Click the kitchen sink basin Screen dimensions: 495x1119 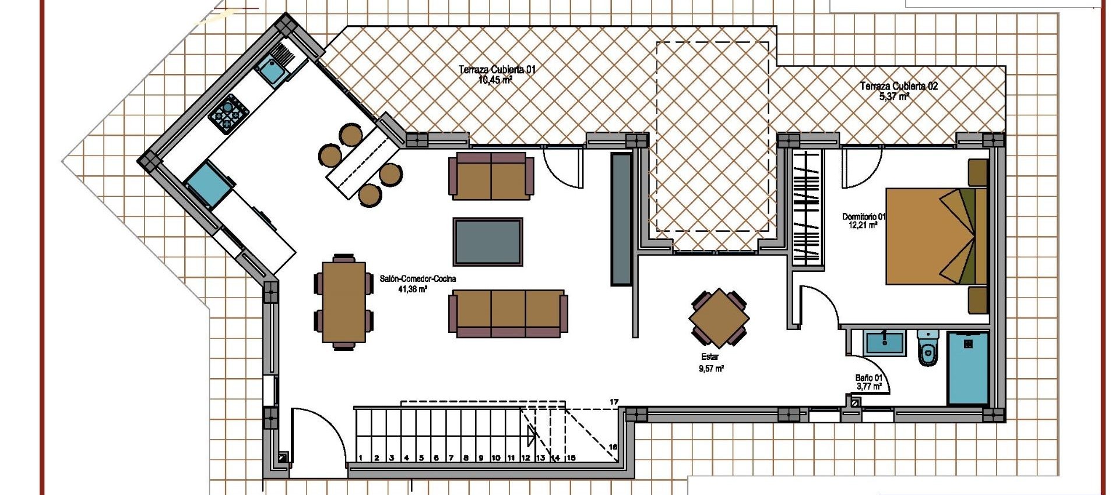(271, 70)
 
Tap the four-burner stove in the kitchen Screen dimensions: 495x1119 (228, 114)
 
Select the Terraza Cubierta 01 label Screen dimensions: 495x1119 (497, 70)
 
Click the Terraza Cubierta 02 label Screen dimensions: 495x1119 (899, 86)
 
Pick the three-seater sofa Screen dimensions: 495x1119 (508, 313)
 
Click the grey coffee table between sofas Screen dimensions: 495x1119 (488, 242)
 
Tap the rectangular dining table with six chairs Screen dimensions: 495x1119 (344, 302)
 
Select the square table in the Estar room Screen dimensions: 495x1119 (719, 318)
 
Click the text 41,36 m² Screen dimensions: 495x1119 (413, 289)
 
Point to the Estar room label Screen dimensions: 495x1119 (710, 356)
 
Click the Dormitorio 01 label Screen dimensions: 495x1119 (863, 217)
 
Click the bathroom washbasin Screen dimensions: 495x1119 (884, 342)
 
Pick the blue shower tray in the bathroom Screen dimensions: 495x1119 (967, 368)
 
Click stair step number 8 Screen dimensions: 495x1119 (466, 458)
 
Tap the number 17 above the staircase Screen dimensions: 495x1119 (614, 402)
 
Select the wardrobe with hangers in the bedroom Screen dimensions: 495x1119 (807, 207)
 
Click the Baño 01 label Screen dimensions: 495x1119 (868, 378)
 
